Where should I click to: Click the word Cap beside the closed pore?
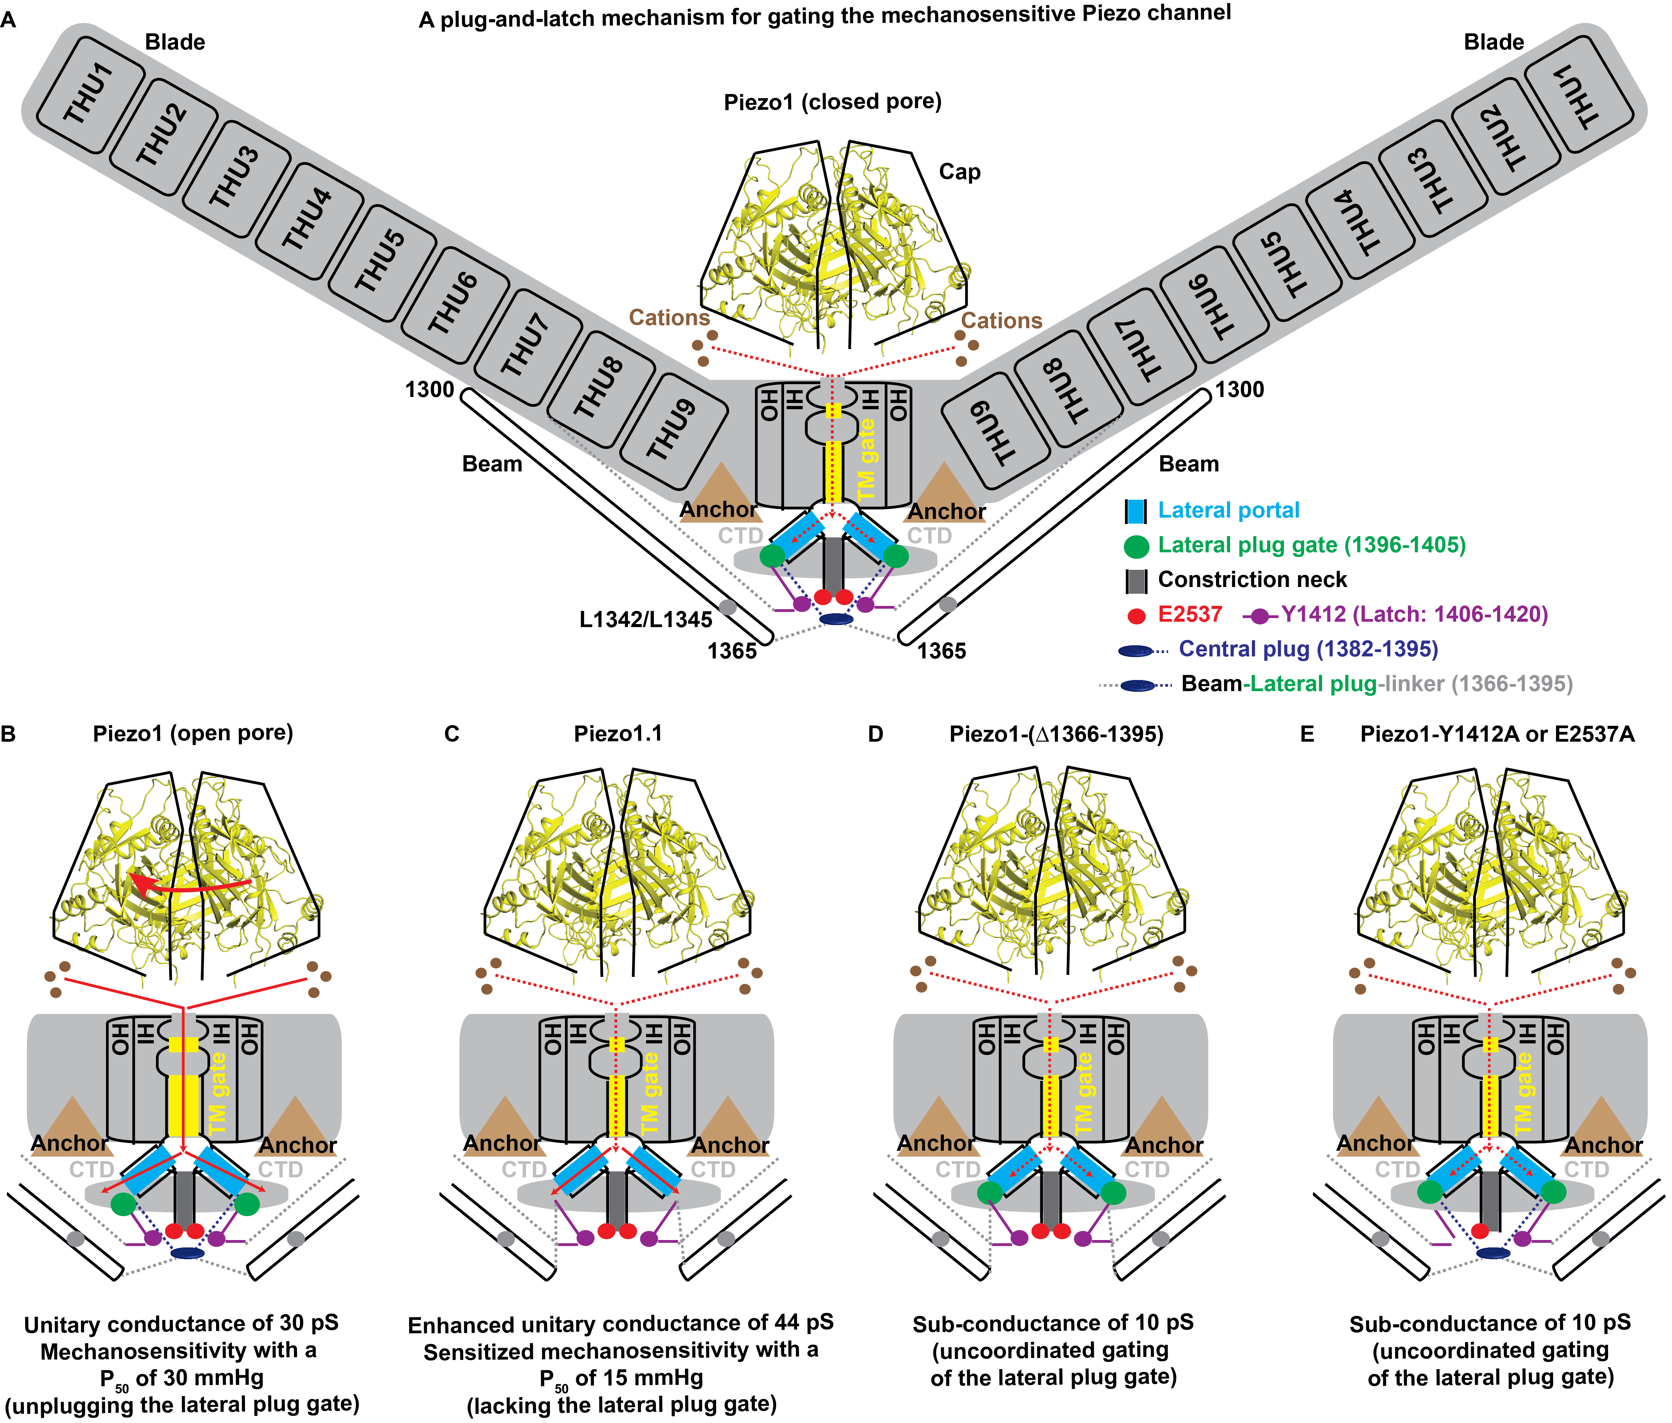959,172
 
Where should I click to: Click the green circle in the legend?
1136,546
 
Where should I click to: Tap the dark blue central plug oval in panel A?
836,619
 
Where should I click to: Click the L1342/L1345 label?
646,620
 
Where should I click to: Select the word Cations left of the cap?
669,318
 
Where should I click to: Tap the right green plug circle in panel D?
1113,1192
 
